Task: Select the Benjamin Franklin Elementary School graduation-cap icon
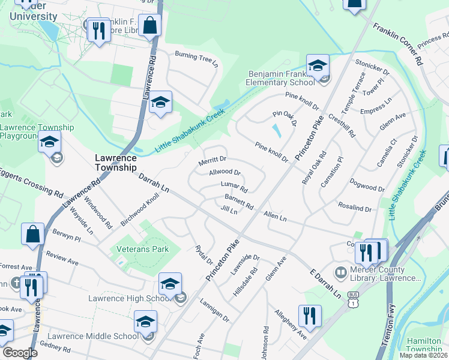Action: coord(318,66)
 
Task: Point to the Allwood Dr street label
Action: coord(224,173)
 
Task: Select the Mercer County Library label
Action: coord(385,274)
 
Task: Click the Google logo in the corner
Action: coord(20,353)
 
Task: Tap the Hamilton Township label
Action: coord(424,344)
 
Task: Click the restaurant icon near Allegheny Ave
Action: coord(310,316)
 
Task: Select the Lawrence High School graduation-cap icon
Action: coord(170,284)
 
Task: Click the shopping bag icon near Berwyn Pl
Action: coord(32,235)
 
